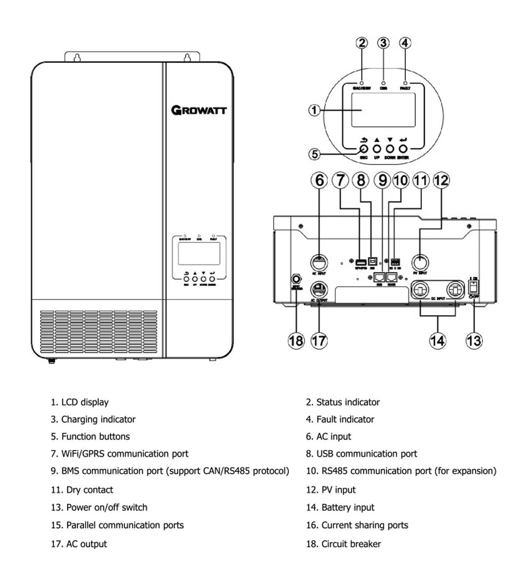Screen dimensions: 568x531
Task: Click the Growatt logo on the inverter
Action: point(199,110)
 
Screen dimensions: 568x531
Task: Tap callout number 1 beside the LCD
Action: point(314,110)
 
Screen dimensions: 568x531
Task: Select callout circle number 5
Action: point(314,154)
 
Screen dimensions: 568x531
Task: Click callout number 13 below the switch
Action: point(473,340)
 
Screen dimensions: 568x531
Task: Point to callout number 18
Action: point(296,340)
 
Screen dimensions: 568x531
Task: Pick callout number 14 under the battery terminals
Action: point(437,340)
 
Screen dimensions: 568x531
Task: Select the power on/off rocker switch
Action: point(473,287)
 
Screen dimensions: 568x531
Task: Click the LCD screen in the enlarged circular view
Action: point(383,110)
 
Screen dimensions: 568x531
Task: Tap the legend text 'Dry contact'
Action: point(89,490)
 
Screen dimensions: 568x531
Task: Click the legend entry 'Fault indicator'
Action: point(345,419)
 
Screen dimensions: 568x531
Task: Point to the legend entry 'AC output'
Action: point(86,544)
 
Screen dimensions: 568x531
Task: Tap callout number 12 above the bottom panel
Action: point(441,180)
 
